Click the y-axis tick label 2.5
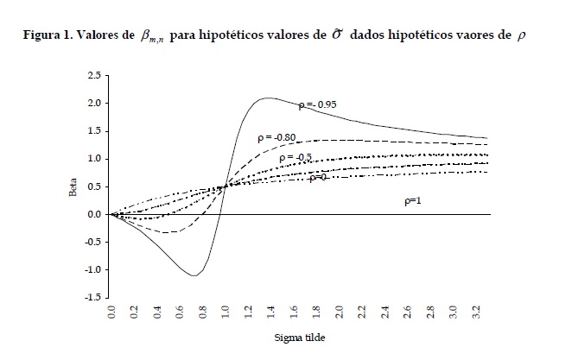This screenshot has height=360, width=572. tap(93, 76)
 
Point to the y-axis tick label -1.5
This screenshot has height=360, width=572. tap(92, 297)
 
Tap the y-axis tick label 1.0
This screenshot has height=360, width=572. tap(93, 159)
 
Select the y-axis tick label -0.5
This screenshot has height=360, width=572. tap(92, 242)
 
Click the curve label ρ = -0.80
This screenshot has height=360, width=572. tap(276, 137)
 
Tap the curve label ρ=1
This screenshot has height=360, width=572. tap(416, 200)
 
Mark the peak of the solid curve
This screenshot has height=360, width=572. tap(269, 98)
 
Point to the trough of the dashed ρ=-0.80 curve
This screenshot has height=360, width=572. tap(169, 232)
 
